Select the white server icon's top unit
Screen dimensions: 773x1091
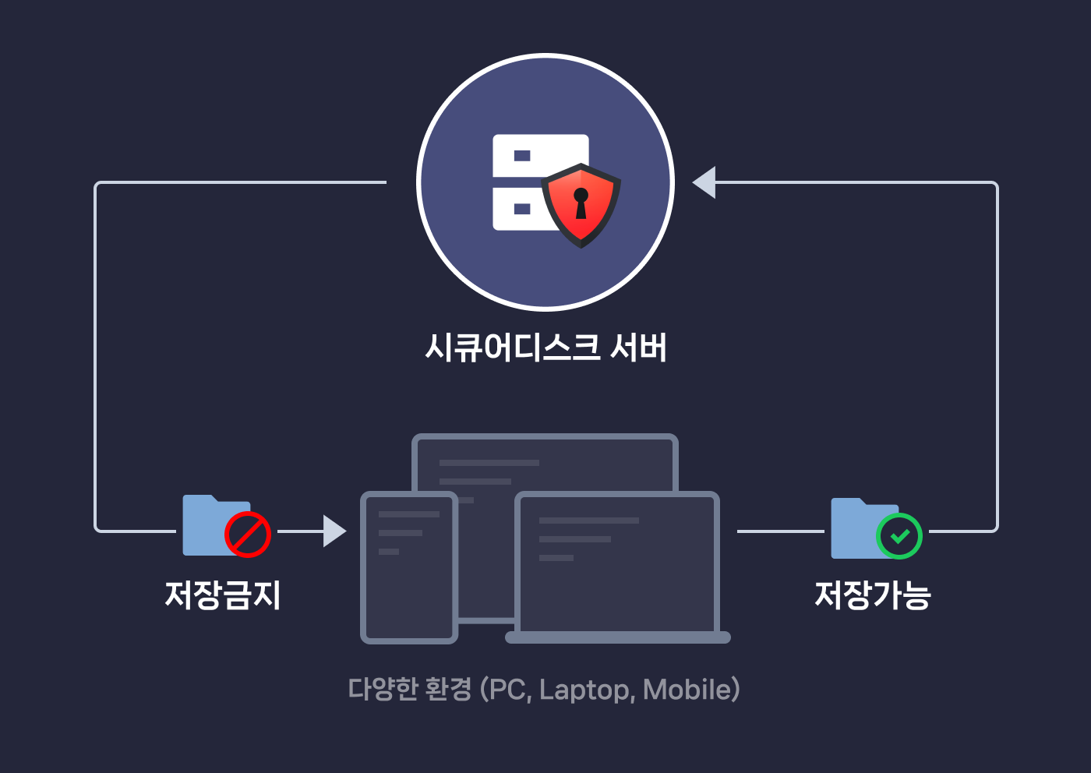point(539,156)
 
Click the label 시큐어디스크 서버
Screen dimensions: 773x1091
point(545,348)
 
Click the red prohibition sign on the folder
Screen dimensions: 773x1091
point(248,535)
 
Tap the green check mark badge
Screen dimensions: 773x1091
point(899,536)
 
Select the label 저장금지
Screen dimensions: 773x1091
point(223,595)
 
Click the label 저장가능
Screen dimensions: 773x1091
point(873,595)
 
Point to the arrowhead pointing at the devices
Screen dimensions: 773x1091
point(334,531)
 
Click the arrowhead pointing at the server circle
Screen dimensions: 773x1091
point(704,182)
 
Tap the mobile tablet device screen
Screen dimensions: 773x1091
point(408,567)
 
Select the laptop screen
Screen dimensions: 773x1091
point(617,563)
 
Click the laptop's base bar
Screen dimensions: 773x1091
point(618,637)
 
